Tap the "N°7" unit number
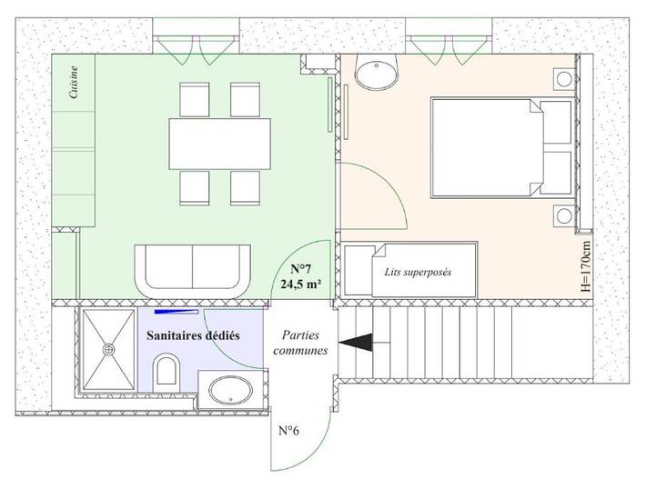(301, 269)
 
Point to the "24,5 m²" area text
(301, 284)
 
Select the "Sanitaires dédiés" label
(193, 334)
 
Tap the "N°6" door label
(289, 429)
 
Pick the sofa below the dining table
(193, 269)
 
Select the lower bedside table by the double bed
(563, 216)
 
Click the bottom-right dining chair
(246, 185)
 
